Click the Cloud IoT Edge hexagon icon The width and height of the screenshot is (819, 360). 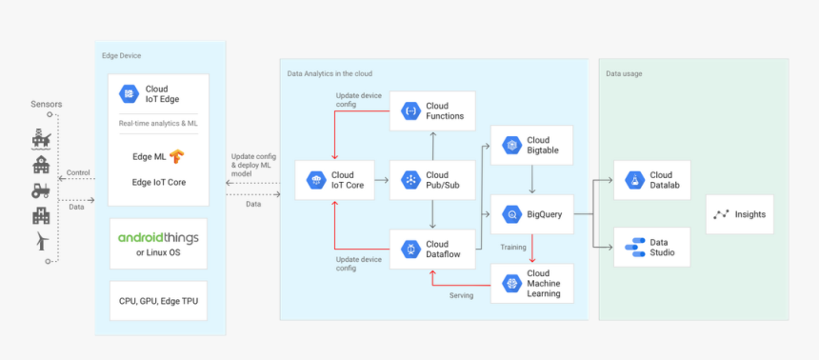pyautogui.click(x=129, y=93)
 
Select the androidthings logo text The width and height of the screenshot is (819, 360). pyautogui.click(x=158, y=238)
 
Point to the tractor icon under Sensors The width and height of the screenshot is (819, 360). pyautogui.click(x=41, y=190)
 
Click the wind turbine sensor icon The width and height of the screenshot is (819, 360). pyautogui.click(x=41, y=242)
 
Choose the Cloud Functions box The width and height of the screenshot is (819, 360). pyautogui.click(x=432, y=111)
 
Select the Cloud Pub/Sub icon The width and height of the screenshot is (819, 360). pyautogui.click(x=410, y=180)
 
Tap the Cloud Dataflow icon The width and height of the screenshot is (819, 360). pyautogui.click(x=410, y=250)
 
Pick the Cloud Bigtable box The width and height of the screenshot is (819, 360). pyautogui.click(x=531, y=145)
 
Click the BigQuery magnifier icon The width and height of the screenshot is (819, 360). pyautogui.click(x=511, y=214)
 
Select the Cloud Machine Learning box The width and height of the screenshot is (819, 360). pyautogui.click(x=531, y=284)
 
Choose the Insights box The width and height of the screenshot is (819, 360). pyautogui.click(x=740, y=214)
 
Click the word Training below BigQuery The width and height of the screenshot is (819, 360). pyautogui.click(x=513, y=248)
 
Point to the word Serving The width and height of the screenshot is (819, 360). pyautogui.click(x=462, y=295)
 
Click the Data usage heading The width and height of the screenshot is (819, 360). pyautogui.click(x=625, y=73)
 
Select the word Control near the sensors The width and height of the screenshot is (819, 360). pyautogui.click(x=78, y=173)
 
